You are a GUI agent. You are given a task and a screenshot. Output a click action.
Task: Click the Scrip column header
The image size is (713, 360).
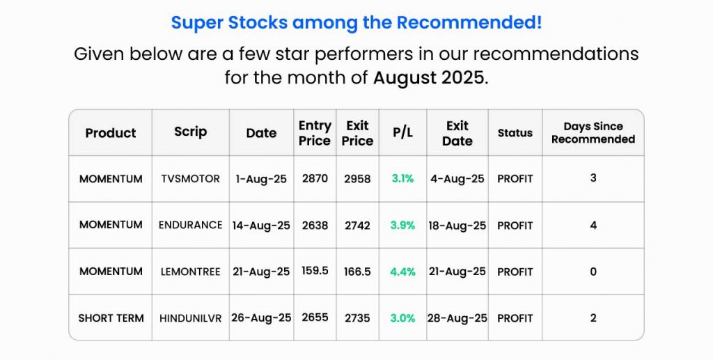(191, 132)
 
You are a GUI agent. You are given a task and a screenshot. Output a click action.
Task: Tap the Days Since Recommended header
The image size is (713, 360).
(593, 133)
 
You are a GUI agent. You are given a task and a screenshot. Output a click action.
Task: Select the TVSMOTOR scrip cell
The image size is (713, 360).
(190, 179)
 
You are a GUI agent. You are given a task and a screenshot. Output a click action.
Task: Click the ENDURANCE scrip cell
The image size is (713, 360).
(190, 225)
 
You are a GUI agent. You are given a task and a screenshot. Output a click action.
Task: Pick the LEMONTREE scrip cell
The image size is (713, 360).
(190, 272)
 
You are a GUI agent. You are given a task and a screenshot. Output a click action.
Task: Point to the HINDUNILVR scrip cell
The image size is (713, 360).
(190, 318)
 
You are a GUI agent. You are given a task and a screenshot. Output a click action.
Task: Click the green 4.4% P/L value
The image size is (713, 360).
(402, 272)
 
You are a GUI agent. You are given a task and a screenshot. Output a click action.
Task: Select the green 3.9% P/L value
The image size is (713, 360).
(402, 225)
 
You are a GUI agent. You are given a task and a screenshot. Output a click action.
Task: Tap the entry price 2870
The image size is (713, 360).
(315, 178)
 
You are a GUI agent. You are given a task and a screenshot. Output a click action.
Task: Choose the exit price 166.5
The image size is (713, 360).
(357, 272)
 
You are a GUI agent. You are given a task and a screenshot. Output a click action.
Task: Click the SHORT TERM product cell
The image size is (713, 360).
(111, 318)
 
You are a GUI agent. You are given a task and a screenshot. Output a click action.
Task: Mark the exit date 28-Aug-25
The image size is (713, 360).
(457, 318)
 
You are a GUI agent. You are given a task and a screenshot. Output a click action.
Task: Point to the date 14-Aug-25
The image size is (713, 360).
(261, 226)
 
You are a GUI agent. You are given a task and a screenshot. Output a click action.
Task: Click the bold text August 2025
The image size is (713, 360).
(428, 78)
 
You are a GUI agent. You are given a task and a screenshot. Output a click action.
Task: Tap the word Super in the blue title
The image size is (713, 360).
(197, 23)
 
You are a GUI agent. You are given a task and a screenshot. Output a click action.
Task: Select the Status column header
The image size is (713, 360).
(515, 133)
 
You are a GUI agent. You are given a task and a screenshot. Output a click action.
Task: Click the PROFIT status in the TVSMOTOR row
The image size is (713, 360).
(515, 179)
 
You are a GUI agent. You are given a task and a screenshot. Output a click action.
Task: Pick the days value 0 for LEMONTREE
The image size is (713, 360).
(593, 272)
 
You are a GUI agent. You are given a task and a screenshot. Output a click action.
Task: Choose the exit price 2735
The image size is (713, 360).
(357, 318)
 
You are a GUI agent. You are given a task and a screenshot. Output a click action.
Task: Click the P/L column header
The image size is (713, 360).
(402, 133)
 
